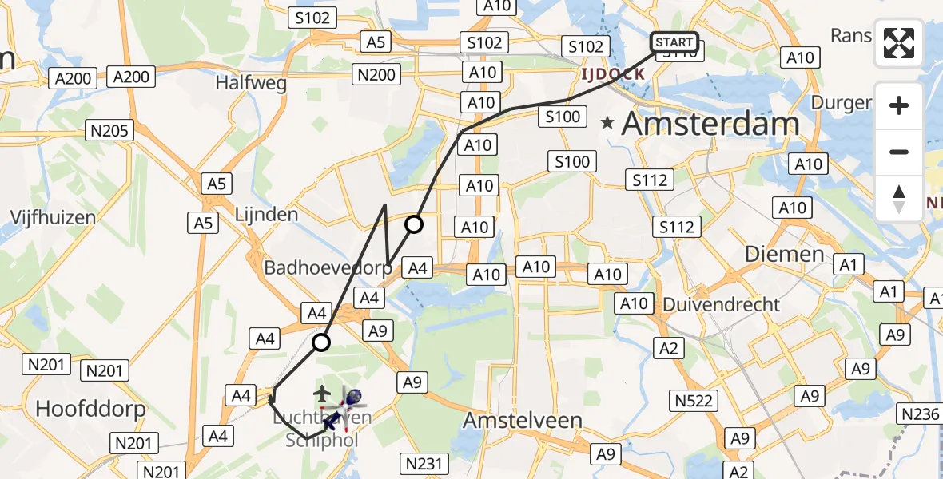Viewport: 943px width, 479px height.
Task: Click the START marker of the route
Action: (675, 42)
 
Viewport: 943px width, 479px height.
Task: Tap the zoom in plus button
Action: (899, 105)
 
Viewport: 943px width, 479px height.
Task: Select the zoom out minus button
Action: (899, 152)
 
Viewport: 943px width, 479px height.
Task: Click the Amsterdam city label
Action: (710, 124)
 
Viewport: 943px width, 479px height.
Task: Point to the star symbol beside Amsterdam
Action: (608, 124)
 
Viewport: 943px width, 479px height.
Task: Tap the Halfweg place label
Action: (251, 83)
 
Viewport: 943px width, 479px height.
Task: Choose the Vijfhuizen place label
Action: (53, 216)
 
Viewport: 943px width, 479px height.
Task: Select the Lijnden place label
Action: (266, 214)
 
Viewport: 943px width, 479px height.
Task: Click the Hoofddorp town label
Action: (90, 410)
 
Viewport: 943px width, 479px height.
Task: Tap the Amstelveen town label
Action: (523, 419)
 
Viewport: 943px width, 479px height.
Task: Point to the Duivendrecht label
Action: (721, 304)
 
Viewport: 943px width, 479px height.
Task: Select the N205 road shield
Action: (110, 131)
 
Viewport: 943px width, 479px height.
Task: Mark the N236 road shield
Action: (921, 414)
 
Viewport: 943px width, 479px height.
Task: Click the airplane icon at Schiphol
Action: (321, 393)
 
